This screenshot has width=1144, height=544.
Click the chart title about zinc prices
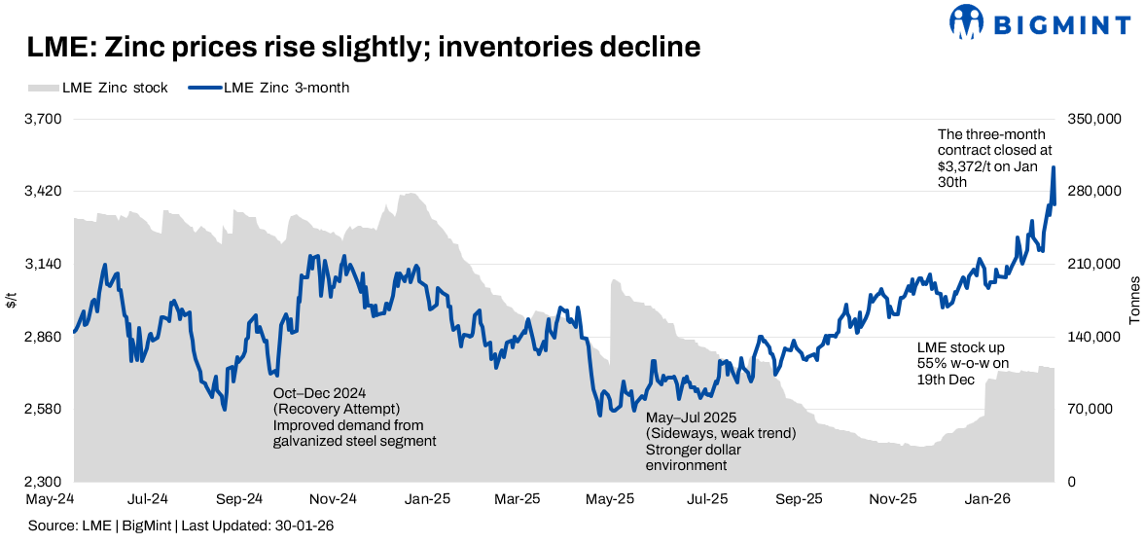pos(363,48)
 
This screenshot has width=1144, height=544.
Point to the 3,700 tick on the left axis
pos(42,119)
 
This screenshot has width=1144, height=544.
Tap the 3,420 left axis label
pos(42,192)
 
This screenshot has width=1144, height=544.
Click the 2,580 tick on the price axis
pos(42,410)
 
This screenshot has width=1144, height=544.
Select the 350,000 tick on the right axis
pos(1093,119)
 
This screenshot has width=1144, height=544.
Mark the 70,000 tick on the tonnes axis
pos(1090,410)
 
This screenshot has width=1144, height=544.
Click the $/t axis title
pos(11,301)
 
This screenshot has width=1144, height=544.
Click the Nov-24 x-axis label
pos(334,499)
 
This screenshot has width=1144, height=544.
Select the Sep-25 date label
pos(800,499)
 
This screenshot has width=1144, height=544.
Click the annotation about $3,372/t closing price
pos(987,159)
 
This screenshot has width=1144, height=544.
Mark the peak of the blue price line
pos(1054,167)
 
